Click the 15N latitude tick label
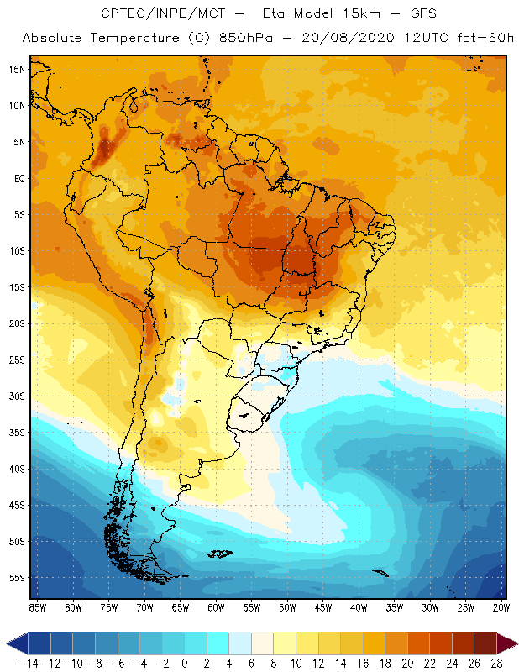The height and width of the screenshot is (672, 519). [17, 69]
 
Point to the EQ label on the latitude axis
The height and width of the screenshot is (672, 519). [18, 178]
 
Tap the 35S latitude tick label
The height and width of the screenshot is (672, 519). [17, 433]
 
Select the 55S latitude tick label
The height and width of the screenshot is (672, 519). [17, 578]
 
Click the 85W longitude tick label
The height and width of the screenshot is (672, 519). [37, 606]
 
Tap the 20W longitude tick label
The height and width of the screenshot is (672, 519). [501, 606]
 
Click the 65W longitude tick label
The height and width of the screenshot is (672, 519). [180, 606]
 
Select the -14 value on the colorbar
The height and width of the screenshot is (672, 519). [29, 662]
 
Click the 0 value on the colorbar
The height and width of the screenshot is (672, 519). [185, 662]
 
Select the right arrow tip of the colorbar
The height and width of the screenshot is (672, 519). [514, 643]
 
